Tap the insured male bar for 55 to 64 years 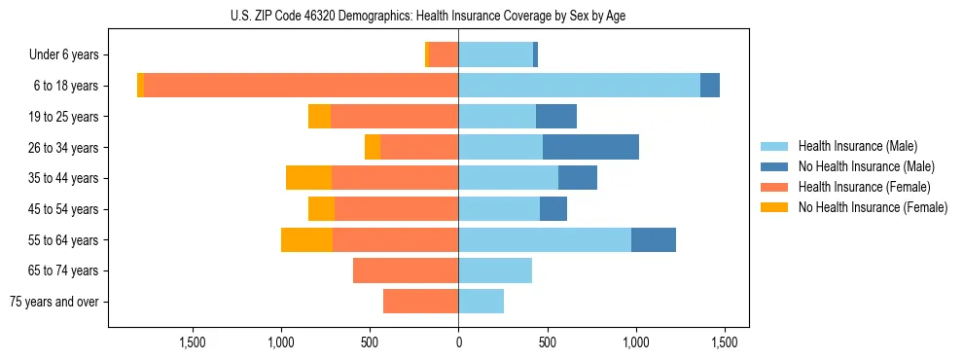[x=545, y=239]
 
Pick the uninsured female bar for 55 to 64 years [x=306, y=239]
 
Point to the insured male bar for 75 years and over [x=481, y=302]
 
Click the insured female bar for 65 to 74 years [x=406, y=270]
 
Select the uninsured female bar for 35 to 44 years [x=308, y=178]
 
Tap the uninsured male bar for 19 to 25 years [x=556, y=116]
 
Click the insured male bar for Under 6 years [x=495, y=54]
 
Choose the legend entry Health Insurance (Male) [x=857, y=146]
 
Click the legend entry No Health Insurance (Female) [x=873, y=207]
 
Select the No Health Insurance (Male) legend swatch [x=774, y=166]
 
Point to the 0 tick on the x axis [x=458, y=342]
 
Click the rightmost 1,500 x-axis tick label [x=725, y=342]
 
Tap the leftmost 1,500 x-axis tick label [x=192, y=342]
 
